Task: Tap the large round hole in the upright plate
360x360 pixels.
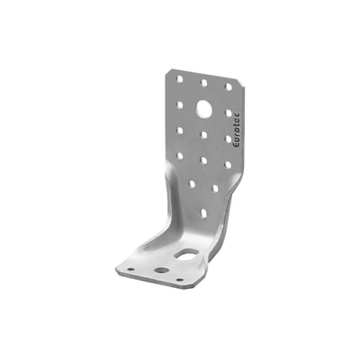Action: [x=204, y=108]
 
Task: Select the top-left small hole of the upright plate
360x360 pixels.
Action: [x=179, y=79]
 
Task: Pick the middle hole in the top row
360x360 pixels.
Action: [x=204, y=83]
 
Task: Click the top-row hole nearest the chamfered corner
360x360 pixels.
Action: [x=229, y=87]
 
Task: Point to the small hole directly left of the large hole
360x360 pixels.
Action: [x=180, y=104]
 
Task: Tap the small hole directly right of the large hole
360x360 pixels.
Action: [x=229, y=113]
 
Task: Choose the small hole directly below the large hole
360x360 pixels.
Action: [x=204, y=135]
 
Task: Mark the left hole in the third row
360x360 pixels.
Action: [x=180, y=130]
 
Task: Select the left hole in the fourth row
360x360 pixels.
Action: [x=180, y=156]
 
